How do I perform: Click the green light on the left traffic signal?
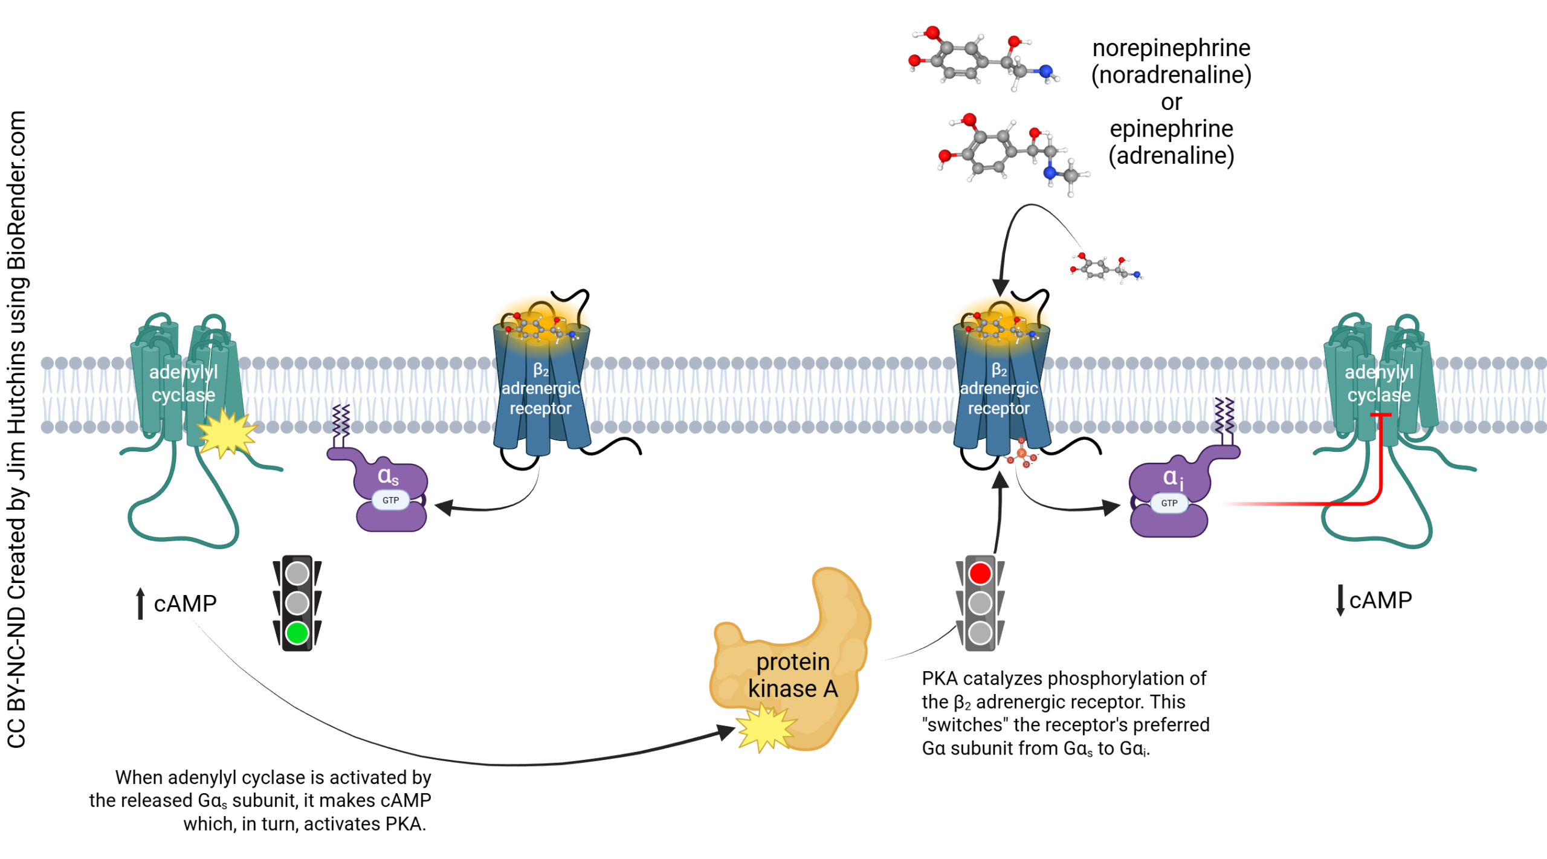[x=297, y=633]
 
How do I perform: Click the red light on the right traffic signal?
[x=980, y=573]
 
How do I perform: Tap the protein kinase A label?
[x=793, y=675]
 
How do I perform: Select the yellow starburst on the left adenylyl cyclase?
[x=227, y=433]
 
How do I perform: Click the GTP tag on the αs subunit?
[x=390, y=500]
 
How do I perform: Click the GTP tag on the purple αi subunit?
[x=1169, y=503]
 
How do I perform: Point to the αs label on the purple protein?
[x=388, y=476]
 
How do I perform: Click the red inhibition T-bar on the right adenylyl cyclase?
[x=1381, y=415]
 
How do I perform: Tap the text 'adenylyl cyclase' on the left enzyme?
[x=183, y=383]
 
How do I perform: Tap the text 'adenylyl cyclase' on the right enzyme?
[x=1379, y=383]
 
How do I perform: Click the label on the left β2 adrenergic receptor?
[x=540, y=390]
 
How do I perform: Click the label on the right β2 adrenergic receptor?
[x=998, y=390]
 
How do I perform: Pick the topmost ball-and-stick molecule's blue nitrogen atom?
[x=1046, y=71]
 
